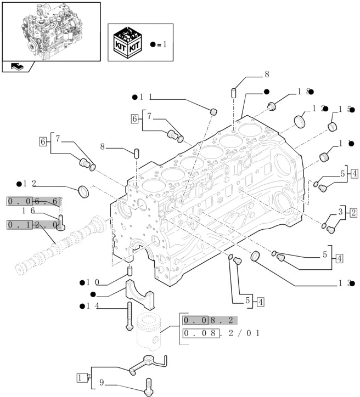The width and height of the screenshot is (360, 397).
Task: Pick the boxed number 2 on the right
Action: pos(353,212)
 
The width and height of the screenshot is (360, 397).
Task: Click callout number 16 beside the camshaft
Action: pos(29,211)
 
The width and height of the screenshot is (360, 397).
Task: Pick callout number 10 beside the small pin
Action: pos(93,282)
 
